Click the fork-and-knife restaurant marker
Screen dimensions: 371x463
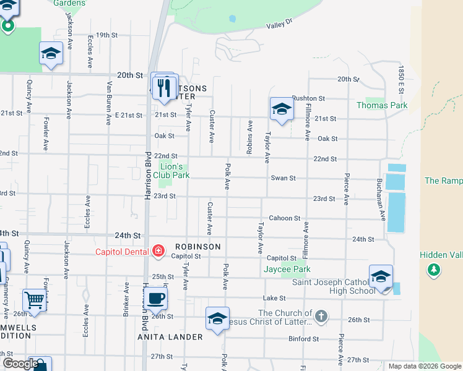click(x=165, y=87)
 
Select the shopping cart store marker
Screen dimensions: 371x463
click(x=35, y=301)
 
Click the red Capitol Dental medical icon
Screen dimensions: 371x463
click(x=158, y=250)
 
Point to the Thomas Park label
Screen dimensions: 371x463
click(x=382, y=106)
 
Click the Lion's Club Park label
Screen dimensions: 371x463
click(x=171, y=171)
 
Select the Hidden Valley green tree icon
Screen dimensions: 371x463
click(x=434, y=270)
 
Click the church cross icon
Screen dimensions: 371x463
click(x=320, y=317)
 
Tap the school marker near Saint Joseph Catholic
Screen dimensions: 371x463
click(x=381, y=276)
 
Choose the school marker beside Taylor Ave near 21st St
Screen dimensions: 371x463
click(x=281, y=109)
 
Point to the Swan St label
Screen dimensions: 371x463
click(x=283, y=178)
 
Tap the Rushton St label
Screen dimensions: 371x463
click(x=308, y=98)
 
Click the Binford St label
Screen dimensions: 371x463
click(x=303, y=339)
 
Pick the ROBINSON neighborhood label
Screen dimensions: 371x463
click(x=197, y=247)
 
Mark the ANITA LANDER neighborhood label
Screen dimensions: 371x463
click(x=170, y=337)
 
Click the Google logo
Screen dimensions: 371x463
click(x=20, y=364)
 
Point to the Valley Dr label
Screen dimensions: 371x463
click(x=279, y=26)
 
